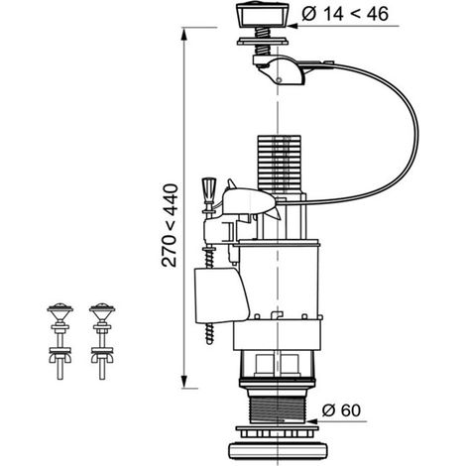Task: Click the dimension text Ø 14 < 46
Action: click(x=345, y=14)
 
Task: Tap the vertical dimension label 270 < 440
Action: click(x=170, y=225)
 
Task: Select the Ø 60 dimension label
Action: click(x=341, y=410)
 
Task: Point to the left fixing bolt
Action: click(x=59, y=341)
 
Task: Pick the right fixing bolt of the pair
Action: click(x=102, y=341)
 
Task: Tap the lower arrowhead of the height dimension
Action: click(x=184, y=382)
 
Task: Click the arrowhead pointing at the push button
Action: click(x=294, y=26)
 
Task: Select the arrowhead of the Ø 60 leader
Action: click(x=312, y=421)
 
